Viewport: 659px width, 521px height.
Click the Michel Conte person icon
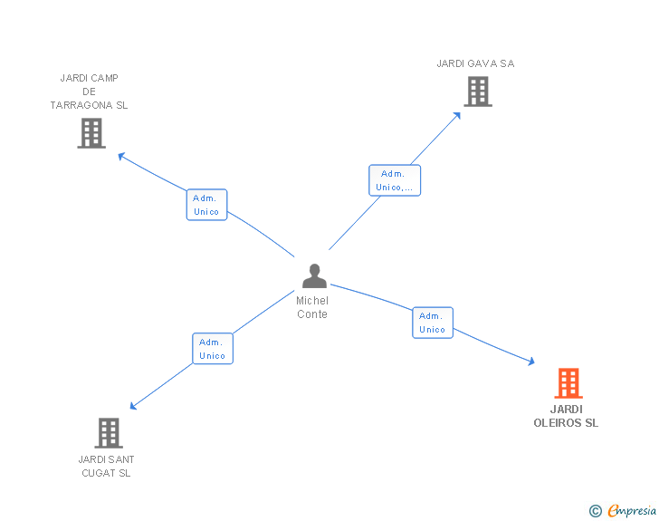[314, 275]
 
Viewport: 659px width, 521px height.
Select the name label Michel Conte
[312, 307]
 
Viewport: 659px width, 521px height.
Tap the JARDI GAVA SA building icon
[477, 92]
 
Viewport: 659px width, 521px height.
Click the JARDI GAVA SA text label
[475, 63]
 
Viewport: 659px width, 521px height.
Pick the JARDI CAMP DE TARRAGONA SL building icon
[91, 133]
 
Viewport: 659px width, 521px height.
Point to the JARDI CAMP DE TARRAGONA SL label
[90, 92]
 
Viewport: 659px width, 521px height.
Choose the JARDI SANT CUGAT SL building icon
[108, 433]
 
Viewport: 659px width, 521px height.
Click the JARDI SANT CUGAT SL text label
[106, 466]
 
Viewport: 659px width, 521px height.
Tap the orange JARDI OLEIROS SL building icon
[568, 383]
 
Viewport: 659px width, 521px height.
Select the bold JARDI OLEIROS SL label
[566, 416]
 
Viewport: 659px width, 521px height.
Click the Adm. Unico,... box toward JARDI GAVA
[395, 180]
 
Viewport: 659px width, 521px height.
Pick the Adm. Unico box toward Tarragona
[206, 205]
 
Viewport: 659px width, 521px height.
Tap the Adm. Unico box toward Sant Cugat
[213, 349]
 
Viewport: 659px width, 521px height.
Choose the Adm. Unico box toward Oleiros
[433, 323]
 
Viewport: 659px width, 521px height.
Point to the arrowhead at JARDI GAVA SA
[457, 115]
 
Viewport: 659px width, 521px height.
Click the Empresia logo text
[632, 511]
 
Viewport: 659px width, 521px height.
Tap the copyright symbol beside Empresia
[595, 512]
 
